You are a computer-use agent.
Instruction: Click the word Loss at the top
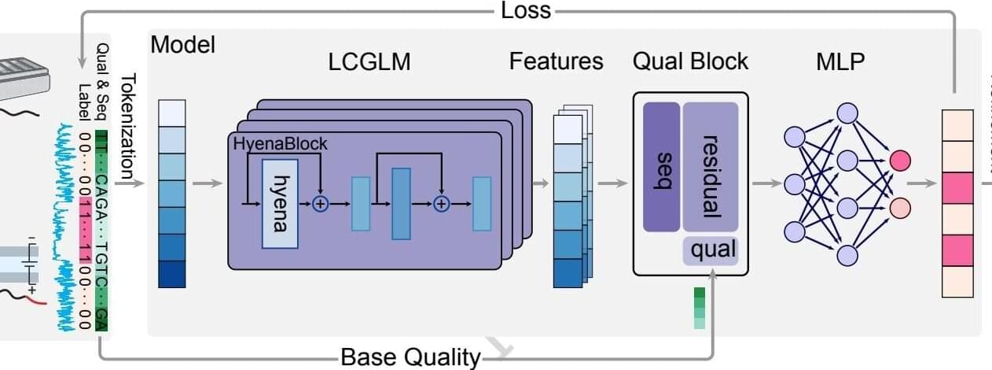pyautogui.click(x=526, y=10)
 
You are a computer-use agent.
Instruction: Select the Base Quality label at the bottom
pyautogui.click(x=410, y=358)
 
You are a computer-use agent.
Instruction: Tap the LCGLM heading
pyautogui.click(x=369, y=61)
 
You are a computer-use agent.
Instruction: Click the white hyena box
pyautogui.click(x=280, y=203)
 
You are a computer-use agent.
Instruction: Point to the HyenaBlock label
pyautogui.click(x=280, y=144)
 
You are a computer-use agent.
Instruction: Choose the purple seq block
pyautogui.click(x=661, y=167)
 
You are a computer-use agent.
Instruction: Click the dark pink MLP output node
pyautogui.click(x=900, y=161)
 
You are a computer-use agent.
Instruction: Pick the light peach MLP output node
pyautogui.click(x=900, y=208)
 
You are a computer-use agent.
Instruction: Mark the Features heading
pyautogui.click(x=556, y=61)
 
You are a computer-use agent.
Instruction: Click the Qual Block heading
pyautogui.click(x=690, y=61)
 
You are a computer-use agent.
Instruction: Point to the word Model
pyautogui.click(x=182, y=45)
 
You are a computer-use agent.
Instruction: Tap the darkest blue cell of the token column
pyautogui.click(x=172, y=274)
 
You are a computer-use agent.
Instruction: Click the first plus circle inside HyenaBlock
pyautogui.click(x=320, y=203)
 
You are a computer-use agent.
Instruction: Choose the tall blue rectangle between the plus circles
pyautogui.click(x=401, y=203)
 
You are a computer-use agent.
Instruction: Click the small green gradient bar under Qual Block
pyautogui.click(x=700, y=308)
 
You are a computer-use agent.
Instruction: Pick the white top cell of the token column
pyautogui.click(x=172, y=113)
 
